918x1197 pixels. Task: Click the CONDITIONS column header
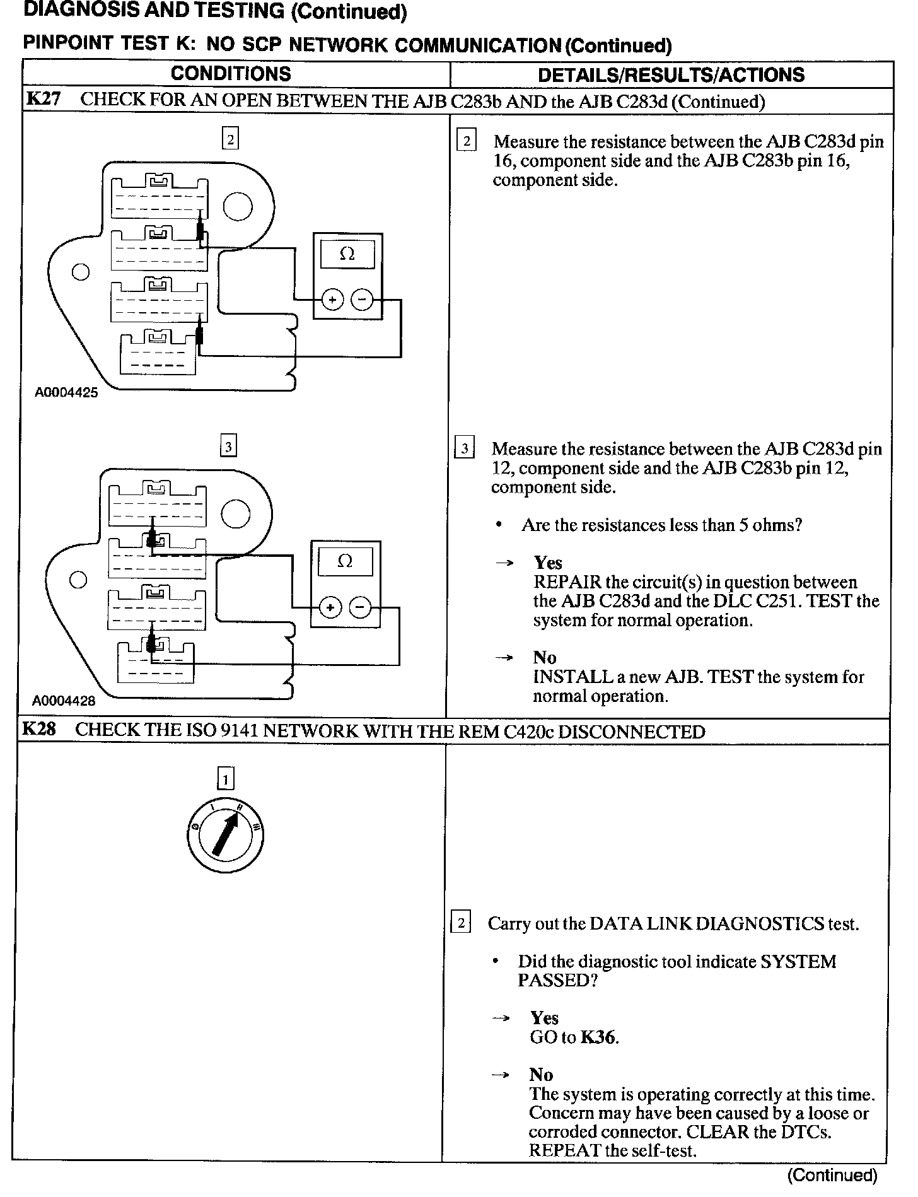point(231,74)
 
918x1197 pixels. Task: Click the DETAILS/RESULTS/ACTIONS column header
point(671,75)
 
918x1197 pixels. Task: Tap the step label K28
point(39,730)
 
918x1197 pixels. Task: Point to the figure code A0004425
point(66,393)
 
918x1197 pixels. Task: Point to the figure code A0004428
point(64,700)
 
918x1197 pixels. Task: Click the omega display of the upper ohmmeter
point(347,254)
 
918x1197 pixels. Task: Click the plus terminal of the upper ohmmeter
point(332,300)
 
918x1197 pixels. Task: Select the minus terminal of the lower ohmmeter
point(360,607)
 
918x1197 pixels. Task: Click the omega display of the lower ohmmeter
point(345,561)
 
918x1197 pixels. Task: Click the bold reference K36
point(598,1037)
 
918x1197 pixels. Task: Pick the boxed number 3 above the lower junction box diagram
point(228,447)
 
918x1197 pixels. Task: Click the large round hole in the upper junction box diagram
point(238,206)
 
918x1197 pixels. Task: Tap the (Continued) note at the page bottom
point(832,1176)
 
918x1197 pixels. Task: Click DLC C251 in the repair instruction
point(760,601)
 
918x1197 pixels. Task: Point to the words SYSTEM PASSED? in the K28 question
point(677,971)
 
